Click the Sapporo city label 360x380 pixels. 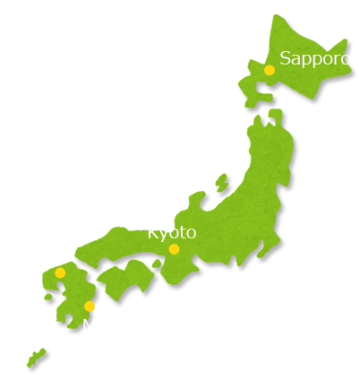(x=314, y=58)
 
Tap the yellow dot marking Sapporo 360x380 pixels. (x=270, y=70)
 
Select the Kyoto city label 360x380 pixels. (x=171, y=233)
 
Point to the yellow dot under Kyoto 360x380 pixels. (x=174, y=249)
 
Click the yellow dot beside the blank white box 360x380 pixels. (x=60, y=272)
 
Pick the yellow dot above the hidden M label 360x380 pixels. (x=90, y=307)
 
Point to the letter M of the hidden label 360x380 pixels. (x=89, y=325)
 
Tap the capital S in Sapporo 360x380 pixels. (x=286, y=58)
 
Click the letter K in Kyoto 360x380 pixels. (x=152, y=233)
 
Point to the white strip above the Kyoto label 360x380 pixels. (x=161, y=226)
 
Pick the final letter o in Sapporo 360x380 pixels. (x=346, y=59)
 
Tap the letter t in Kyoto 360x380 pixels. (x=180, y=233)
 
